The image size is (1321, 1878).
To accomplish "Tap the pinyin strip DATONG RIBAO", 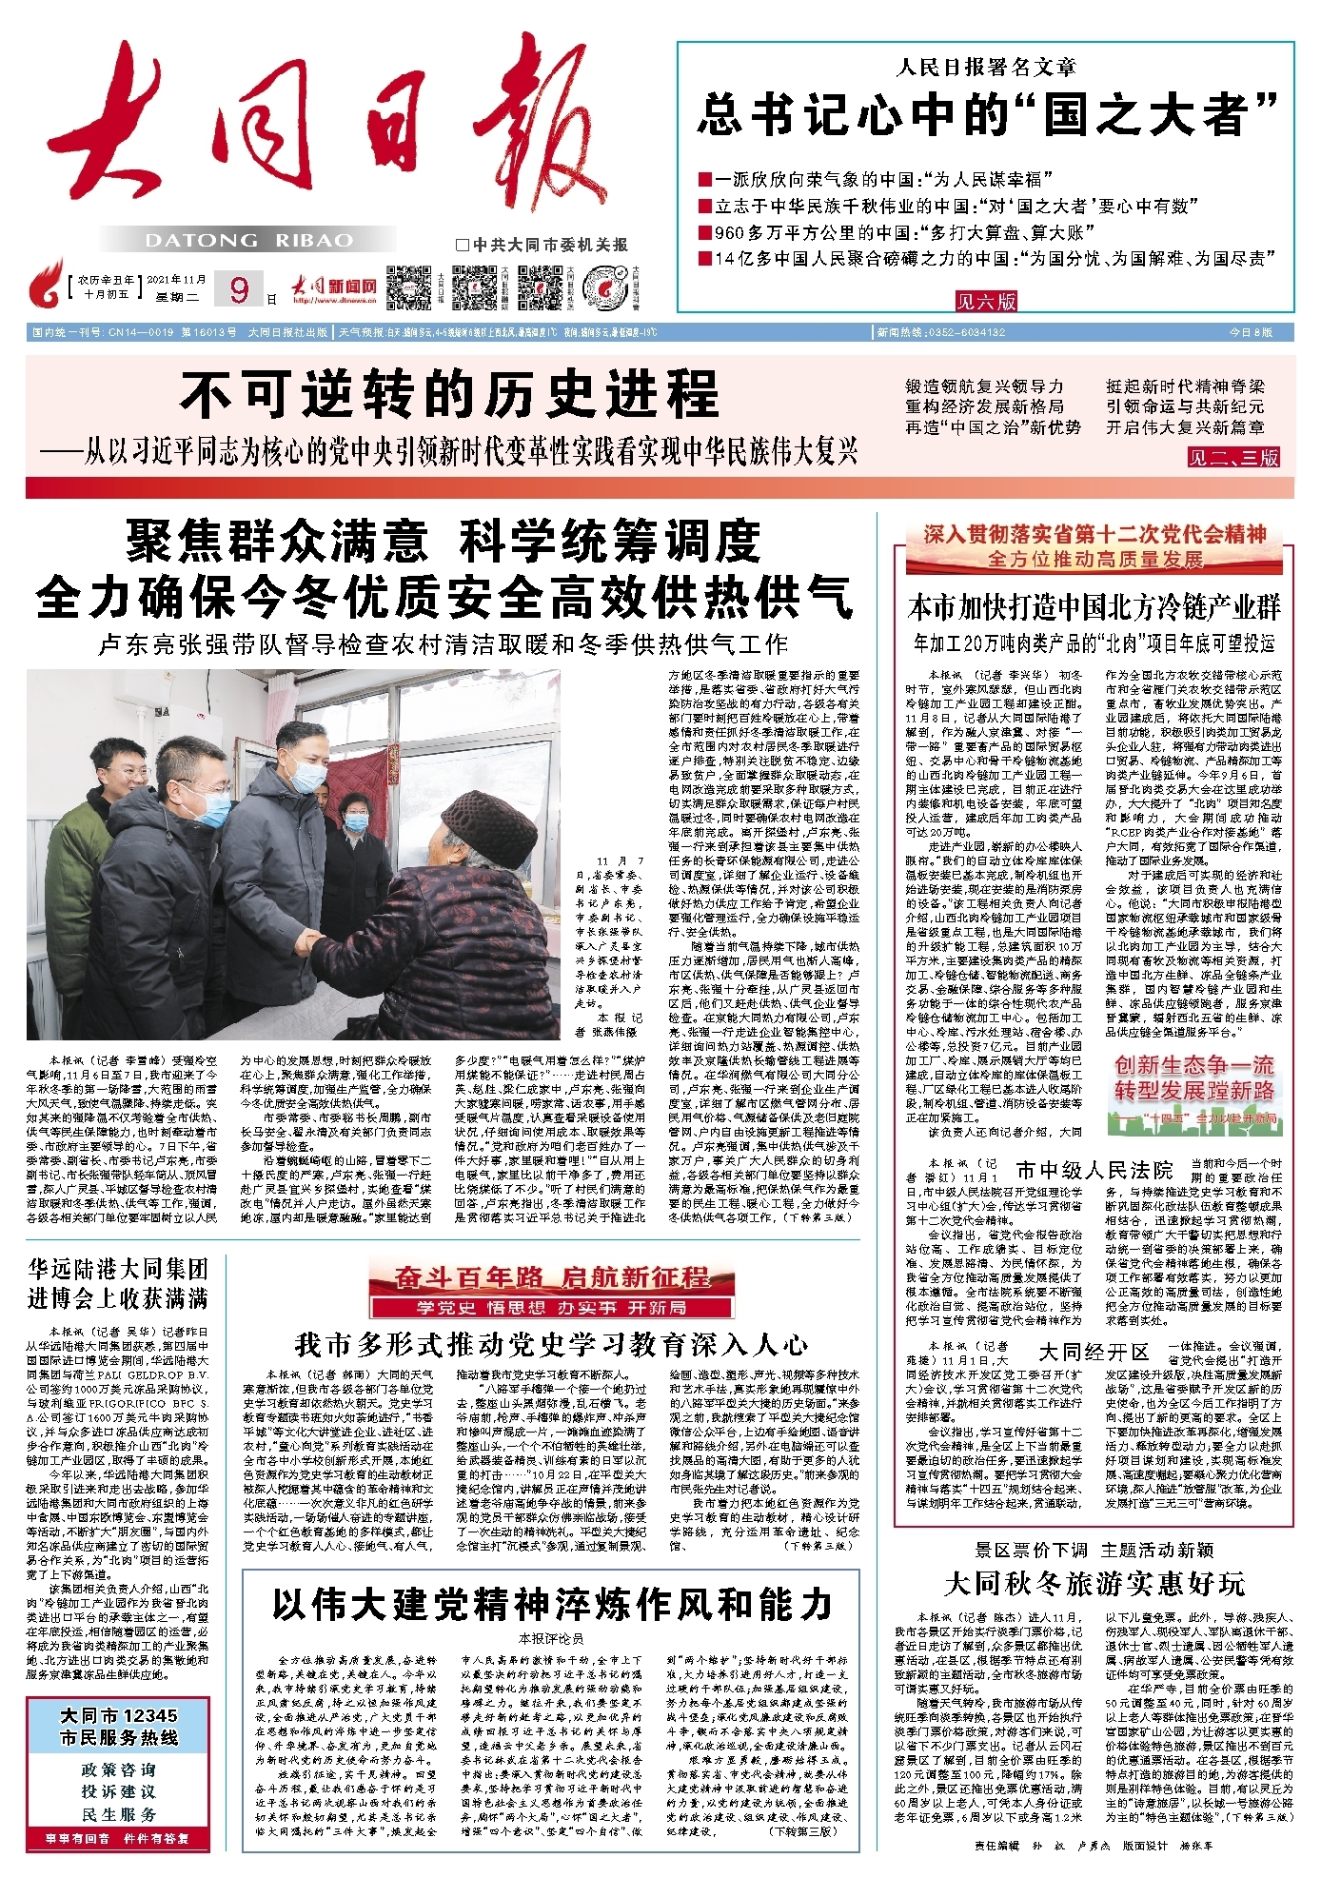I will [249, 241].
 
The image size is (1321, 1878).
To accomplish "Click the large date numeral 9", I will [239, 288].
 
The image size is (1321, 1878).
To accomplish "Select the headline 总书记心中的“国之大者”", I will [986, 114].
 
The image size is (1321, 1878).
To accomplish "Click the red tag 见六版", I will [986, 302].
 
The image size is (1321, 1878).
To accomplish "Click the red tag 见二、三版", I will [1232, 458].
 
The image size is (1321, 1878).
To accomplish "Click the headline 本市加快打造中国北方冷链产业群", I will [1094, 607].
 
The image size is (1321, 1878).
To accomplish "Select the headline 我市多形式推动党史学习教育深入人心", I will [551, 1345].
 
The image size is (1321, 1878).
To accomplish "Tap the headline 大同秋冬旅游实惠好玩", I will [1094, 1584].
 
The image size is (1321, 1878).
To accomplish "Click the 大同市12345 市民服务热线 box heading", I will [118, 1726].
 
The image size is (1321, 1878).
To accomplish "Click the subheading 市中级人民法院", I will [1094, 1170].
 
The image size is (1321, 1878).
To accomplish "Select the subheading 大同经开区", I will [1094, 1353].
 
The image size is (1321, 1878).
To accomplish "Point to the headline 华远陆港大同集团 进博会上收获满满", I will [118, 1284].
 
